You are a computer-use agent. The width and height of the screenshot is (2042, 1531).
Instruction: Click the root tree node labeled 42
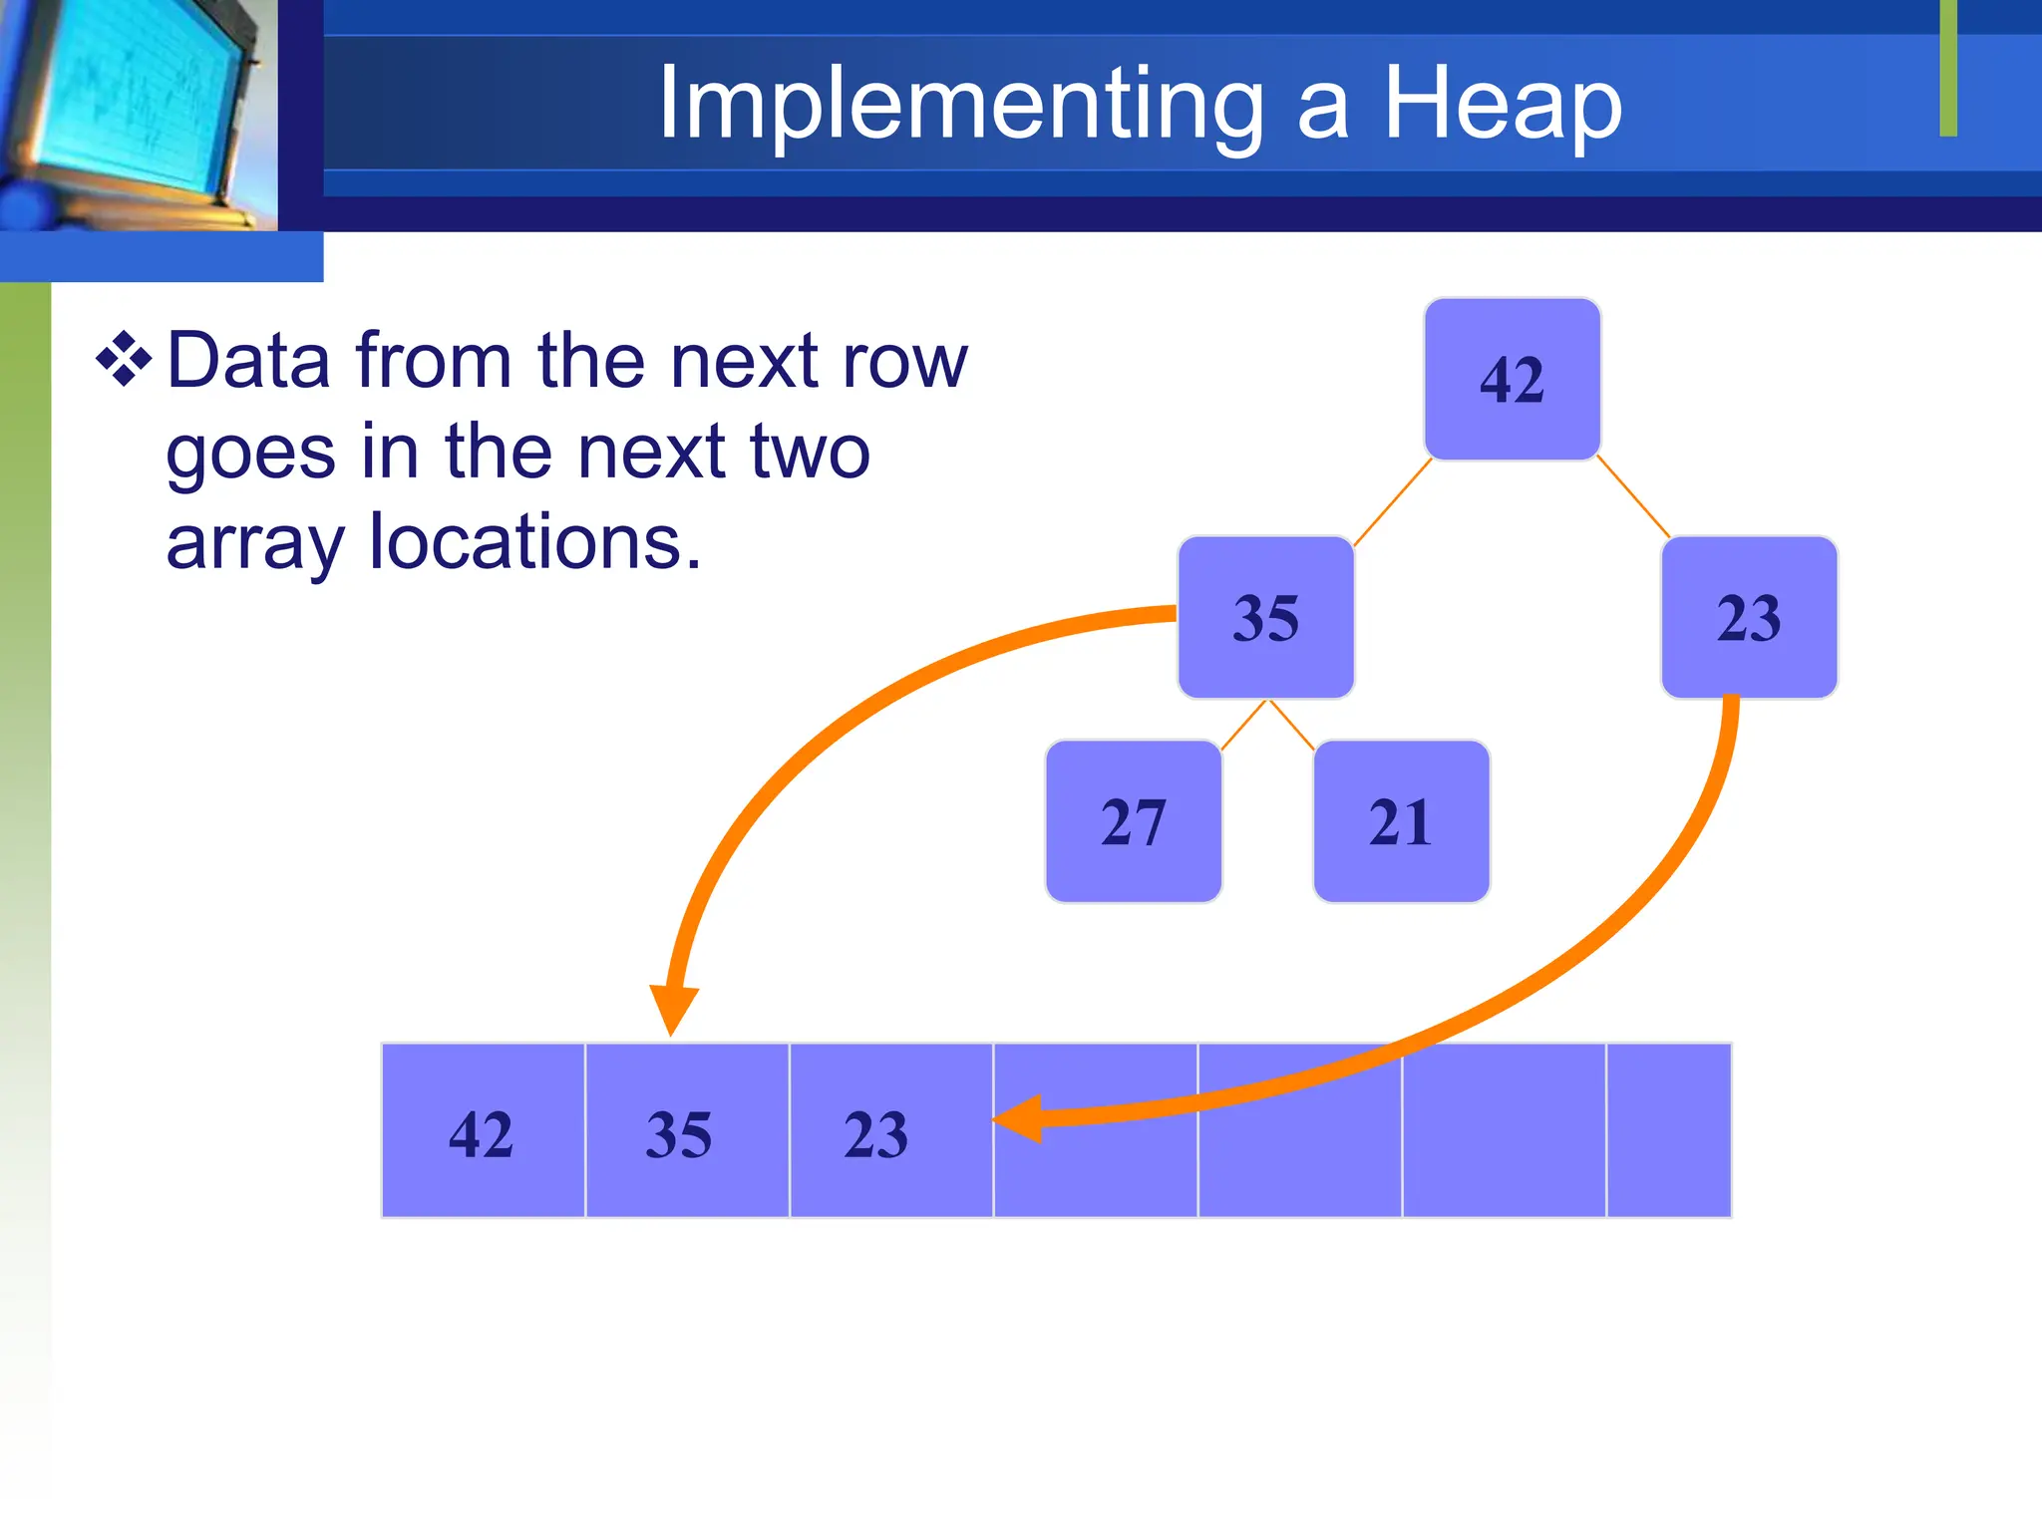tap(1512, 380)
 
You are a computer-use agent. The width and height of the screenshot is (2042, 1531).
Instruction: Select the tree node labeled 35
tap(1265, 618)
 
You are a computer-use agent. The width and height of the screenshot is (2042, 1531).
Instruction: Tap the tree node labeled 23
tap(1749, 618)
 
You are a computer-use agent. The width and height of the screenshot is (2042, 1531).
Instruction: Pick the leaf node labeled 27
tap(1133, 822)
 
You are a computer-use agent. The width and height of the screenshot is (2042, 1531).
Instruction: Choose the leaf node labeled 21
tap(1401, 822)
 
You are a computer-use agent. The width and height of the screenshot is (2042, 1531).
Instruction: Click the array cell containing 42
tap(483, 1131)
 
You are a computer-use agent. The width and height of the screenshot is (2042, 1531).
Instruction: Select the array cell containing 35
tap(686, 1131)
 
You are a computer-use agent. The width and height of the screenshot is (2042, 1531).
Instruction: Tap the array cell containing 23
tap(889, 1131)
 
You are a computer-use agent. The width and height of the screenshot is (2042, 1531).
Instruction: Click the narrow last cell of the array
tap(1668, 1131)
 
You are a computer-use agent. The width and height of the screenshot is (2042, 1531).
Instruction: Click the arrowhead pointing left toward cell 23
tap(1021, 1119)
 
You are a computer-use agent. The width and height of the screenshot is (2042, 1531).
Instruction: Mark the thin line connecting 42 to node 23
tap(1633, 496)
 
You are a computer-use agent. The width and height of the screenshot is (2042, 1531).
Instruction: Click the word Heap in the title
tap(1502, 104)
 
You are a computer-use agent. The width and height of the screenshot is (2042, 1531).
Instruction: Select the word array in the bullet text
tap(254, 543)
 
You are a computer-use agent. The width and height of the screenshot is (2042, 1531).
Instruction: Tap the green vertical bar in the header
tap(1948, 68)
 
